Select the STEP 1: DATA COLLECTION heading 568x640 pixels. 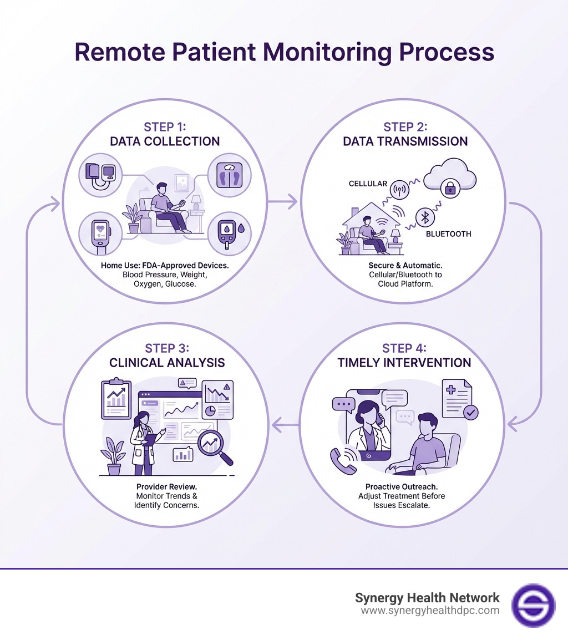[165, 133]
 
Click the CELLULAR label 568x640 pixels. [367, 184]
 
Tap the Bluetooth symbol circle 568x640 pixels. [425, 218]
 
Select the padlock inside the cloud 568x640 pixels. [448, 190]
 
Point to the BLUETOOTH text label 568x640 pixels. [448, 234]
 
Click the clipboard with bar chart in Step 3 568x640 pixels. [116, 398]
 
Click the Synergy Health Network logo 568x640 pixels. [532, 605]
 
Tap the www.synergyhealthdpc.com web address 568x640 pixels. [430, 611]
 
